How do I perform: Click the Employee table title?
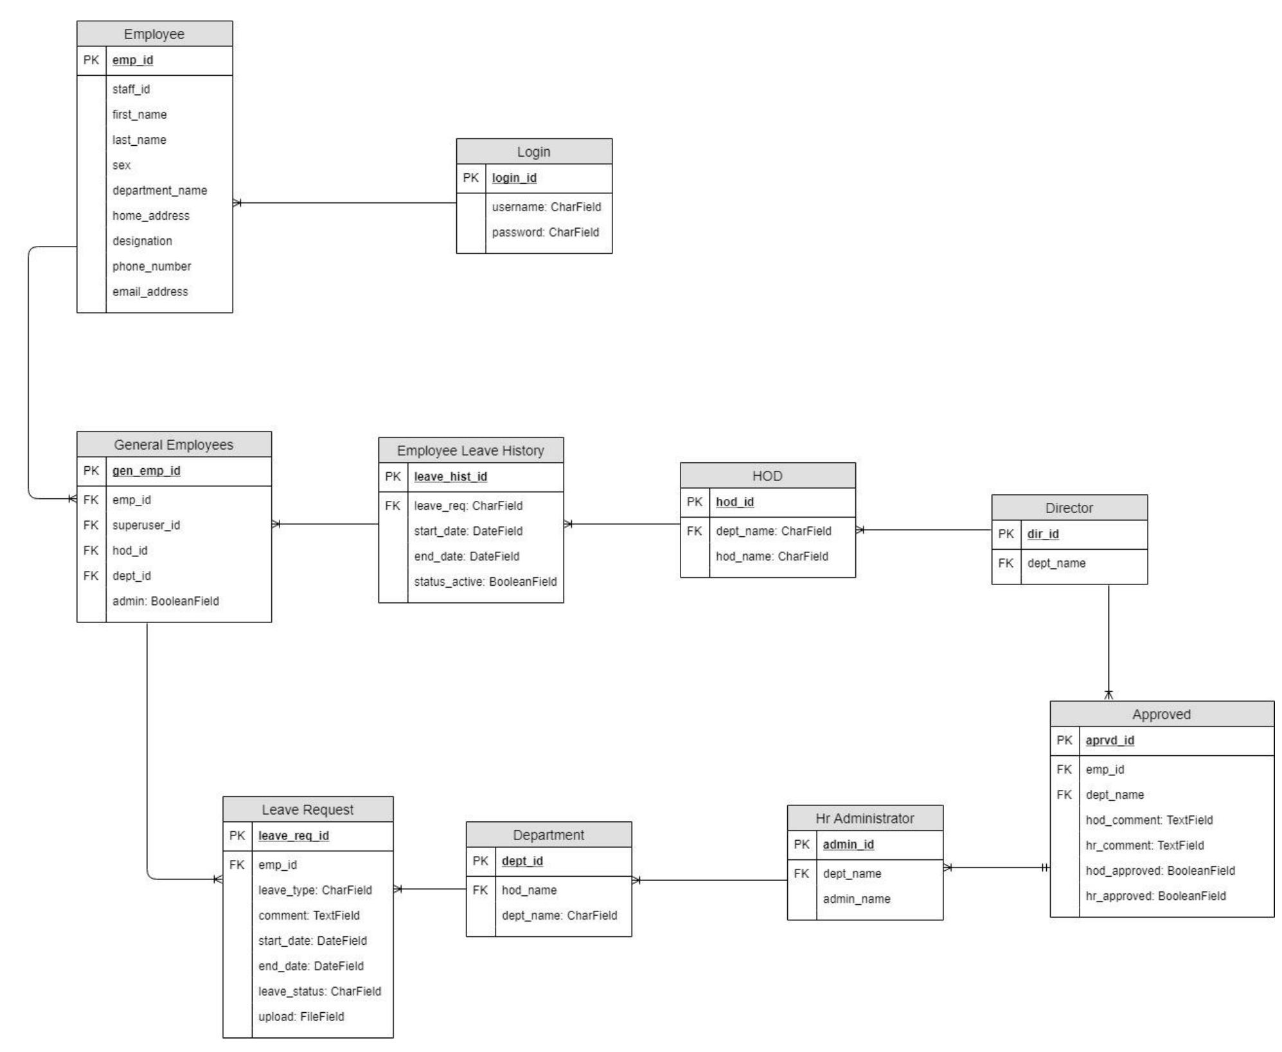154,34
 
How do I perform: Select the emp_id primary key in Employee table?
132,60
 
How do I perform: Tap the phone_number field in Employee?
152,267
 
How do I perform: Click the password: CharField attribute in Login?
545,232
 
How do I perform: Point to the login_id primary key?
514,178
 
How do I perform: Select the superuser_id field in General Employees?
146,525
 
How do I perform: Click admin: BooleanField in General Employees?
165,602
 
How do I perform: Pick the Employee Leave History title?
470,451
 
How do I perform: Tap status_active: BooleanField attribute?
485,582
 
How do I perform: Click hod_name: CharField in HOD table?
771,557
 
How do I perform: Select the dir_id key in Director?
1042,534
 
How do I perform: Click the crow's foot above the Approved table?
1108,695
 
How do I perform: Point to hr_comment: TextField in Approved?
1144,846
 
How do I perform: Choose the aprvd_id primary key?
1109,741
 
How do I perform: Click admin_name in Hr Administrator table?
856,899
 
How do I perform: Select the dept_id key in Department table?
522,861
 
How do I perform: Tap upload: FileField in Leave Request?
301,1017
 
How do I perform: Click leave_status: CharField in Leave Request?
319,992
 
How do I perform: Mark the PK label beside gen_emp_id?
91,471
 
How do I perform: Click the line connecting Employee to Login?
347,203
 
